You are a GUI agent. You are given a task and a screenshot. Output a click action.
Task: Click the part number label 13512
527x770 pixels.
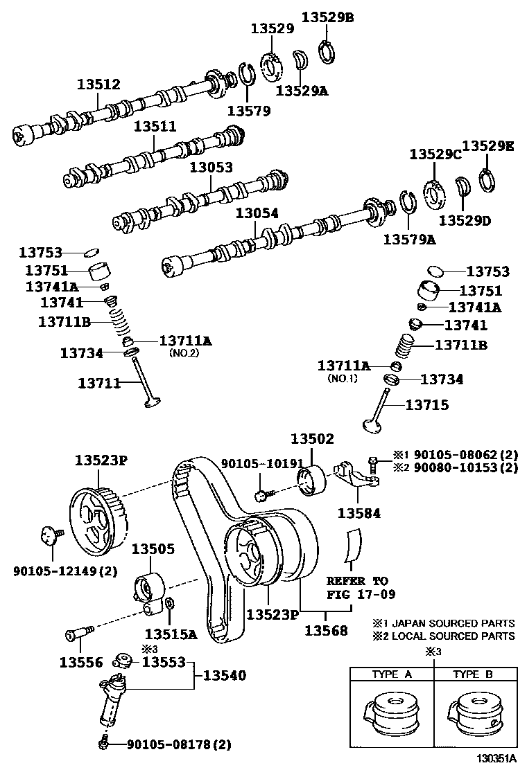tap(98, 84)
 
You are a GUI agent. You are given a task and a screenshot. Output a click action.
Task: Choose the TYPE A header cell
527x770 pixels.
tap(392, 674)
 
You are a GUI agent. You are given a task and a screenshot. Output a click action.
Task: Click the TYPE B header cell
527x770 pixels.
tap(473, 674)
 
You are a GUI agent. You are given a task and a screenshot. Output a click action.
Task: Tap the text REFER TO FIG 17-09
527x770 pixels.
tap(357, 587)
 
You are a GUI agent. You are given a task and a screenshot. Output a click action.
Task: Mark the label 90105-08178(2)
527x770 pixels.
tap(178, 745)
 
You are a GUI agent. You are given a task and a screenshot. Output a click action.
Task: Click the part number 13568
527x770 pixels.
tap(327, 631)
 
